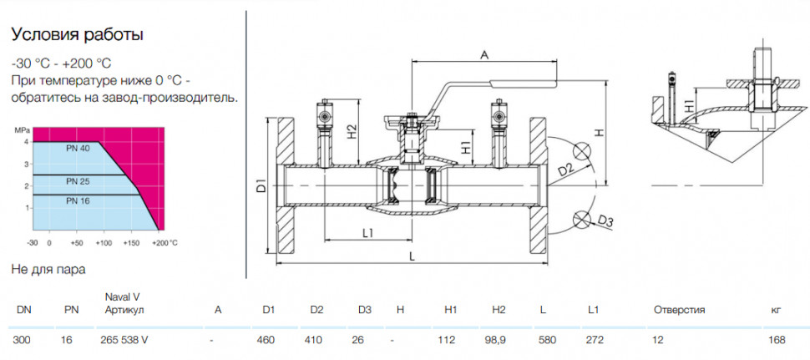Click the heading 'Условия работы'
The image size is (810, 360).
(77, 35)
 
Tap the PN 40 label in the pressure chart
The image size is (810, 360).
(78, 148)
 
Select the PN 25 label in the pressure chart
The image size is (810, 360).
(78, 181)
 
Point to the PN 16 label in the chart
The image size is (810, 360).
(78, 201)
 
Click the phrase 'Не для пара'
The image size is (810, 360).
(48, 269)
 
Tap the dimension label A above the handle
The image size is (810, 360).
(484, 54)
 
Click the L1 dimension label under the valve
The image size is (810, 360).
(367, 234)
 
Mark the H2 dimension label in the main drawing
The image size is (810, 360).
(352, 131)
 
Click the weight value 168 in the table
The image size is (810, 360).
(777, 340)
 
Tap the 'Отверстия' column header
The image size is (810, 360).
(679, 310)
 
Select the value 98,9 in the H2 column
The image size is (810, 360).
(499, 340)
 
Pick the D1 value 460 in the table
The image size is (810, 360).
(268, 340)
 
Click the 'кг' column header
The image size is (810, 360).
(776, 311)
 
